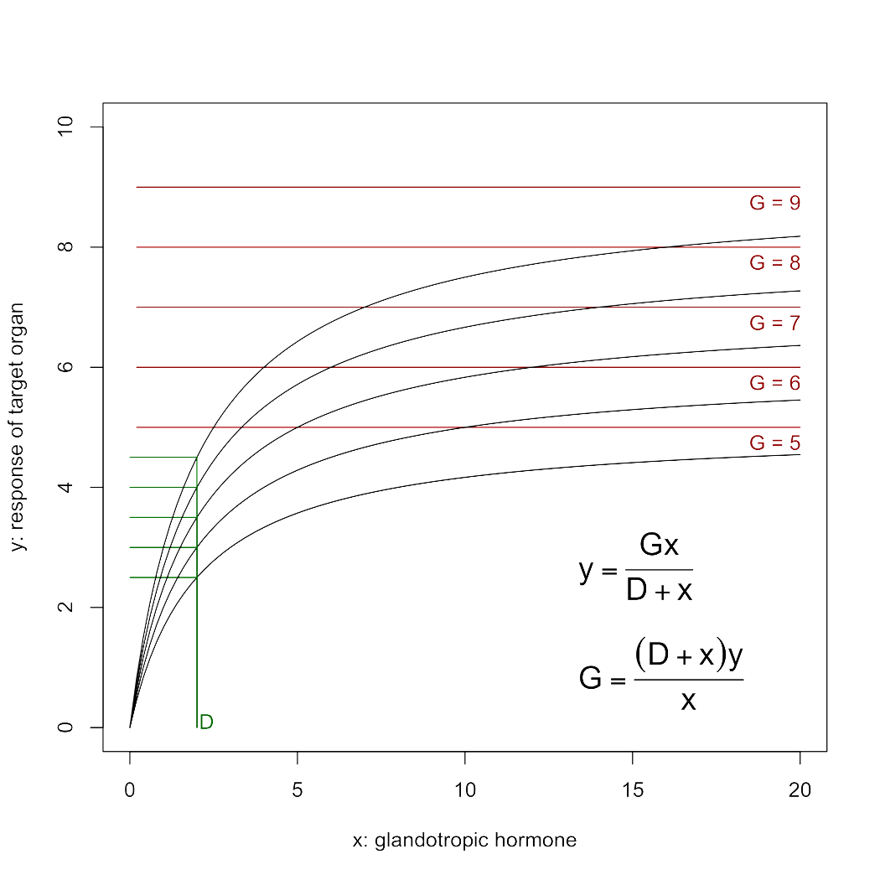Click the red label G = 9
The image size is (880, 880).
(x=774, y=203)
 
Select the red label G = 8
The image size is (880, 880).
(x=774, y=263)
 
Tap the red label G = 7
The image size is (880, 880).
(x=774, y=324)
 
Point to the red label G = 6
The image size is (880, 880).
(x=774, y=383)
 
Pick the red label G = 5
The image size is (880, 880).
(x=774, y=443)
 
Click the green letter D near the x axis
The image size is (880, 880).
(x=206, y=722)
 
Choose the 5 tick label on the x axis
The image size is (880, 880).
(x=298, y=790)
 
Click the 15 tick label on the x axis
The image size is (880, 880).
(x=633, y=790)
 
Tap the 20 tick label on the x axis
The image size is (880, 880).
(x=800, y=790)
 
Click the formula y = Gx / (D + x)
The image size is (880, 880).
(x=637, y=568)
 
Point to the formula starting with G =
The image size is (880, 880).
(x=661, y=676)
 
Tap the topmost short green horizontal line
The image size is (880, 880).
(x=163, y=458)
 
